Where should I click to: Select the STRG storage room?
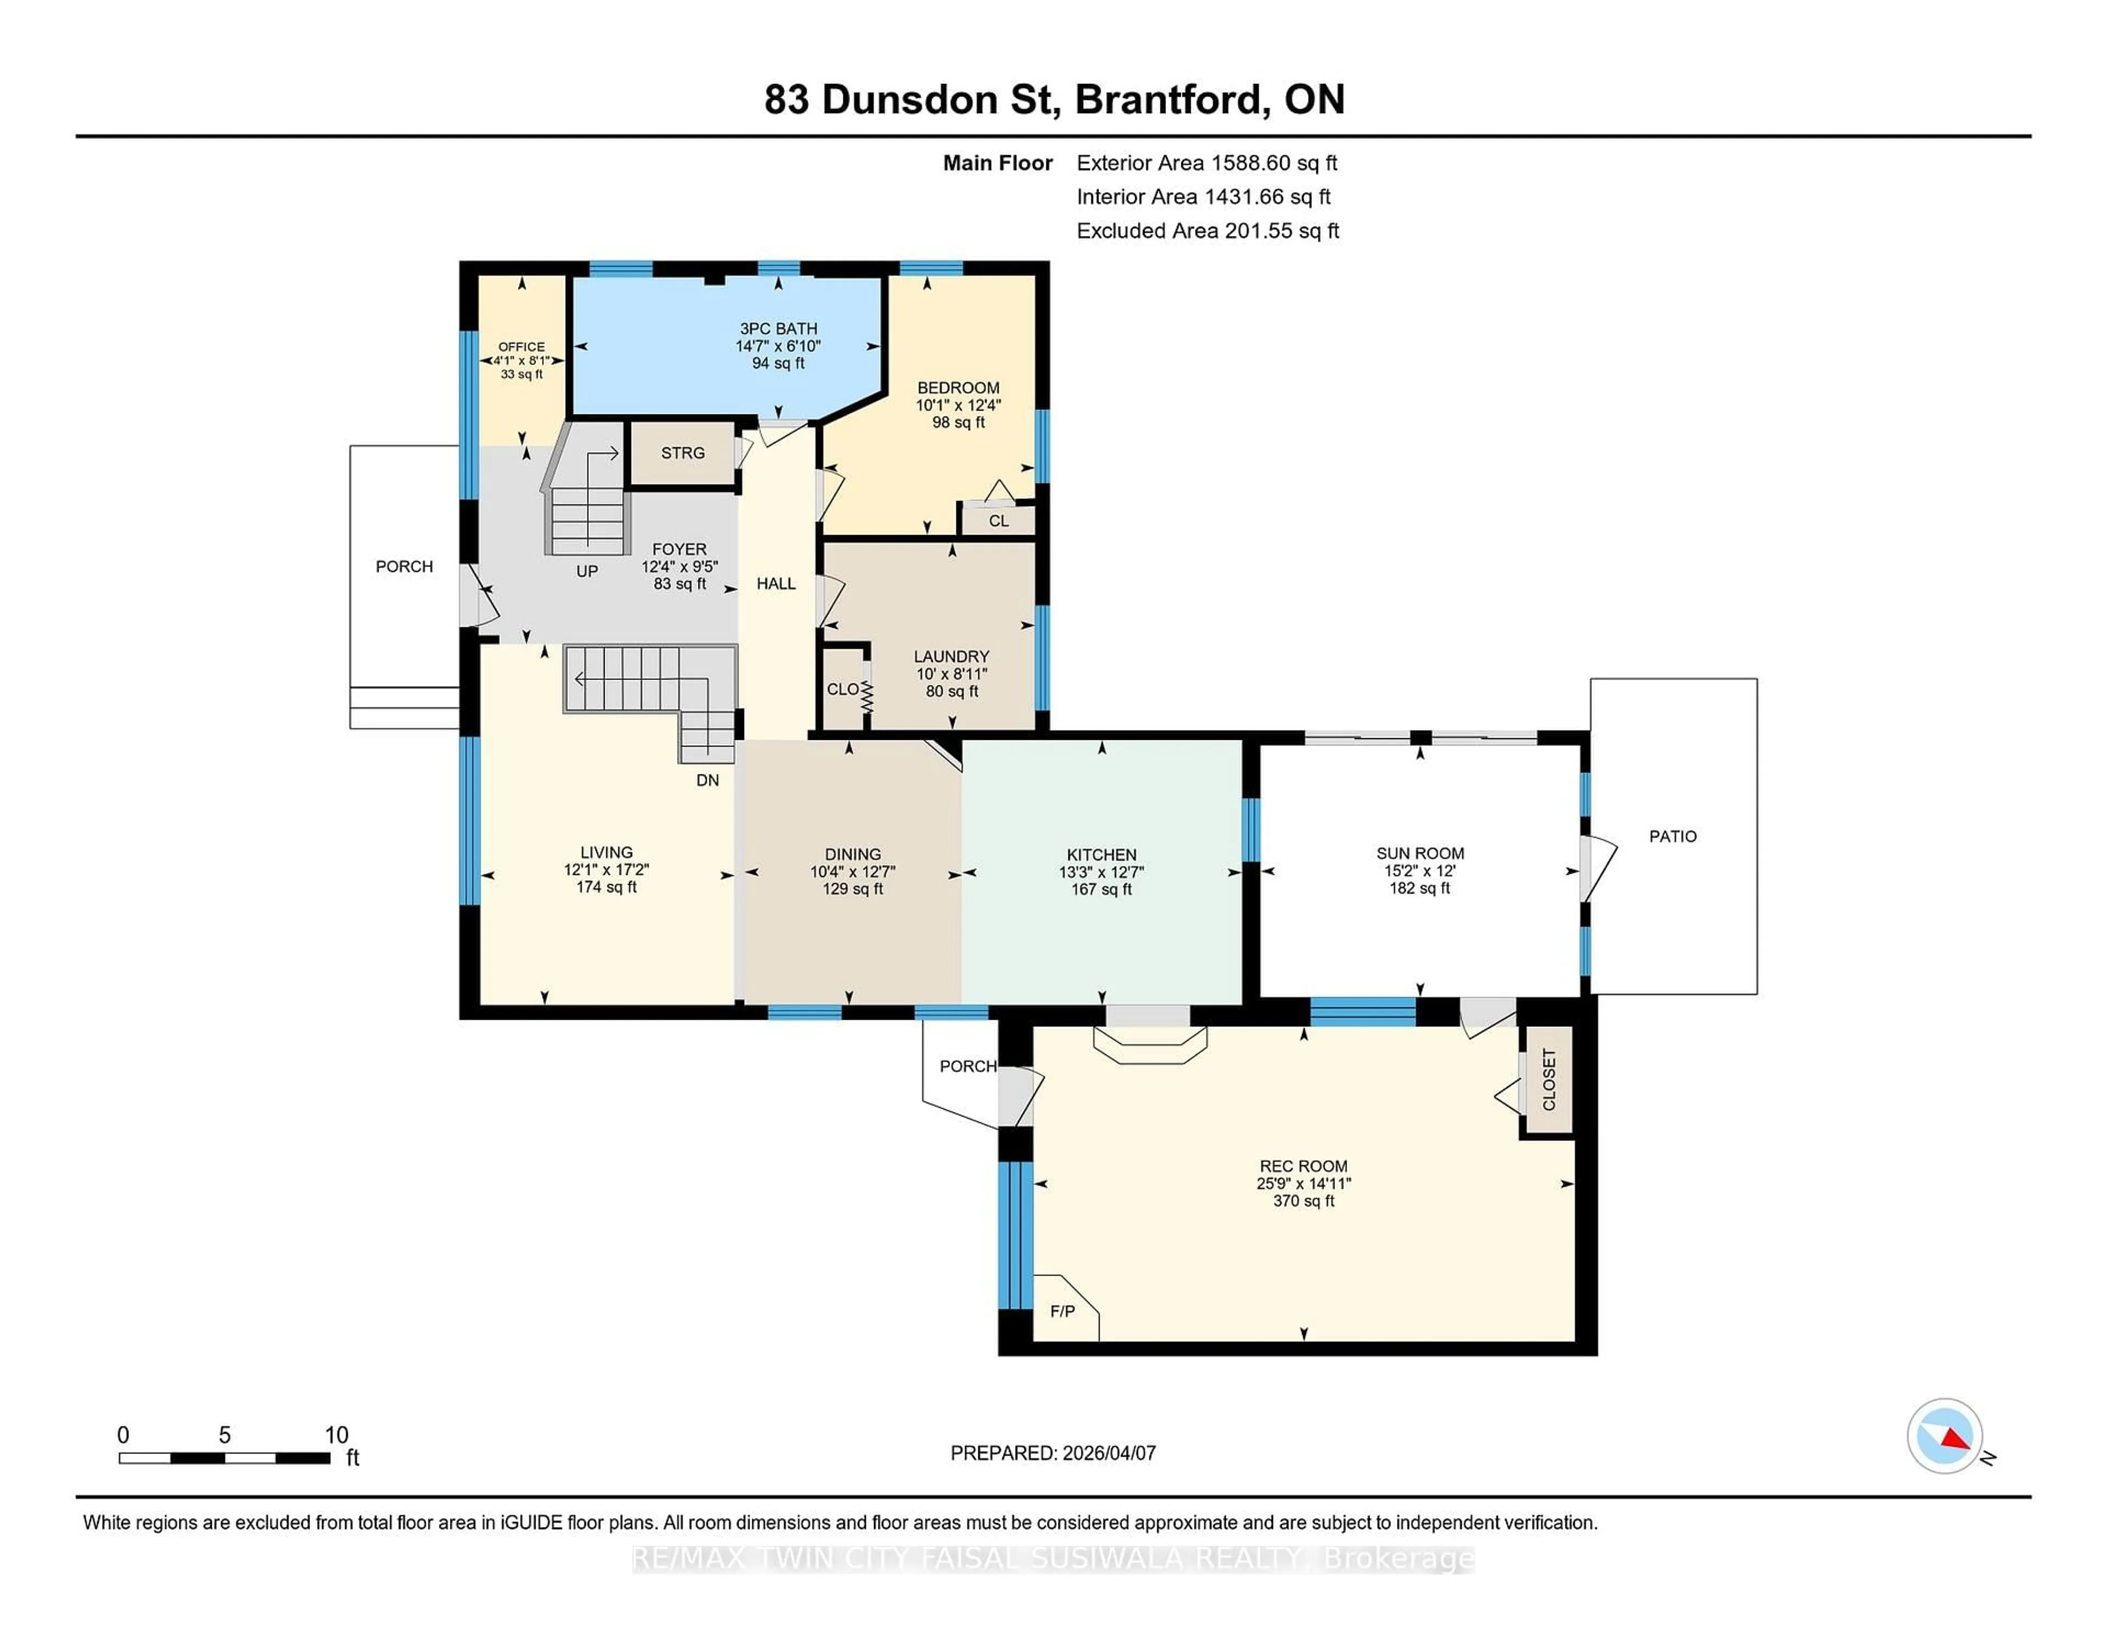tap(682, 453)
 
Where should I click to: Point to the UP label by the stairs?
tap(587, 571)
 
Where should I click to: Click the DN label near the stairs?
tap(707, 780)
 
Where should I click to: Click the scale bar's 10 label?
tap(336, 1435)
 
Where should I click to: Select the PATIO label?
tap(1672, 836)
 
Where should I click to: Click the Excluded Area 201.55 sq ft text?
tap(1207, 231)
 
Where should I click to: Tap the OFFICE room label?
tap(521, 346)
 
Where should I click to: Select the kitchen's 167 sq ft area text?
tap(1101, 889)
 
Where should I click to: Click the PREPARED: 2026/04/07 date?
tap(1052, 1453)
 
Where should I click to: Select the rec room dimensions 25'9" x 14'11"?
tap(1303, 1183)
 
